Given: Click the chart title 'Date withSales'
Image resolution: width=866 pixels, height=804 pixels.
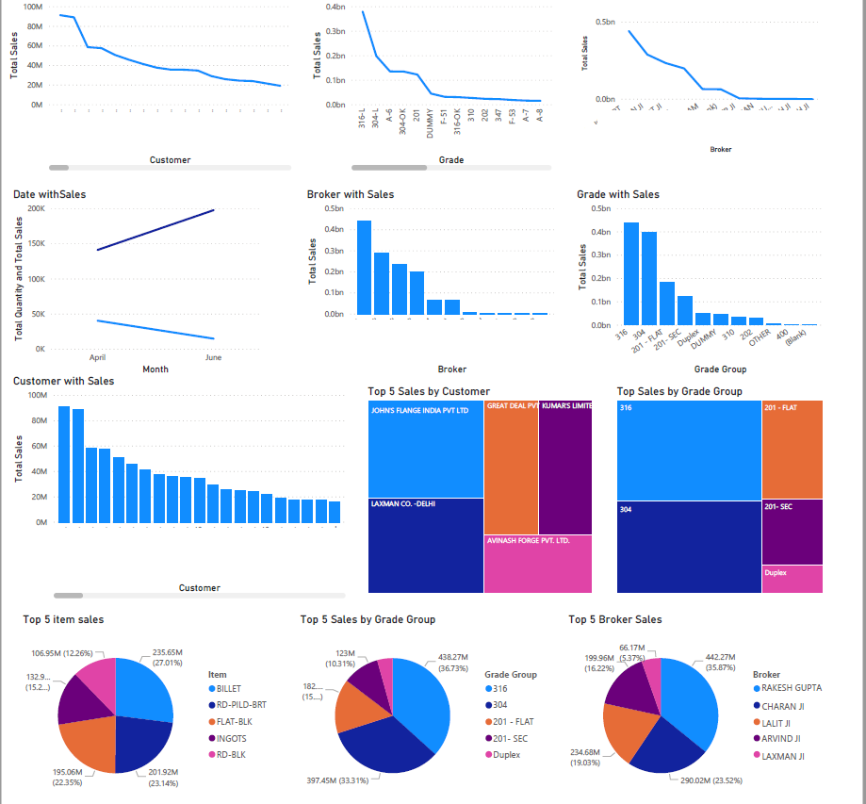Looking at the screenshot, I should point(49,194).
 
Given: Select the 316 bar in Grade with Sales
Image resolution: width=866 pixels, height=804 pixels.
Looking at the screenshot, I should point(631,273).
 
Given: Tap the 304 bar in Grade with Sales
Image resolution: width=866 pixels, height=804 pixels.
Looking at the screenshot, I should point(649,278).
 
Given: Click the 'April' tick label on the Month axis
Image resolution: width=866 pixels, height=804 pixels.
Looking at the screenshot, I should point(97,358).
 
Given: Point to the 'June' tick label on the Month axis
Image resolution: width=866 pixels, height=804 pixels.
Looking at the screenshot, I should point(214,358).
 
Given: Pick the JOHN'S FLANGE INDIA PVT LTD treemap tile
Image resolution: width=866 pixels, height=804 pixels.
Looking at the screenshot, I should point(425,449).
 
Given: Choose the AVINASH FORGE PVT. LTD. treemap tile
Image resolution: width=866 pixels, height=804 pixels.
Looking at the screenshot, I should point(537,564).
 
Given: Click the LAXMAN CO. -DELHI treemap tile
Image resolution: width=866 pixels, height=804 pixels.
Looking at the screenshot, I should point(425,545).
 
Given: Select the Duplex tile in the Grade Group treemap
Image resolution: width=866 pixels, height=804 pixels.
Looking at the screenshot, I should point(792,579).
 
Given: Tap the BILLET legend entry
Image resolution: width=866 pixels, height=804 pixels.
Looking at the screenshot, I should point(228,689).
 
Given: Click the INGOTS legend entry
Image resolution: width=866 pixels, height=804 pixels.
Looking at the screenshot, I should point(230,739).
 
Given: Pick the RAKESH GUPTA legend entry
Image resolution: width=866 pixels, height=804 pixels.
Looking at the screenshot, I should point(792,688).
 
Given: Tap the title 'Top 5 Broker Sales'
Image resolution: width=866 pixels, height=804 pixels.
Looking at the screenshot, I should point(615,619).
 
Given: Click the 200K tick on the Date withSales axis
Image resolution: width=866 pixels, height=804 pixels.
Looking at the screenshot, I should point(37,208).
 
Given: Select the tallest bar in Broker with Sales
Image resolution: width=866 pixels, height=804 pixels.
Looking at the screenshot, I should point(364,267).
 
